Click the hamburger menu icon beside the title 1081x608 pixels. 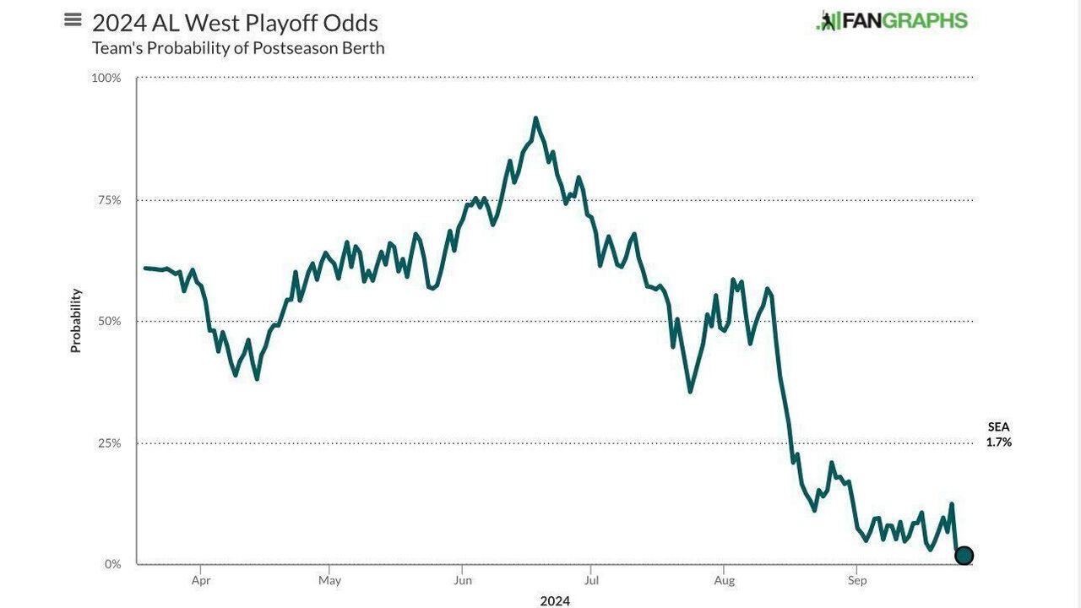pyautogui.click(x=73, y=20)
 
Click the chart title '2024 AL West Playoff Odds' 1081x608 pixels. pyautogui.click(x=235, y=23)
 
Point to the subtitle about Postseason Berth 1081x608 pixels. pyautogui.click(x=238, y=48)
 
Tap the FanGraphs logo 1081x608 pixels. pyautogui.click(x=892, y=21)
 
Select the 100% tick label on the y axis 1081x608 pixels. pyautogui.click(x=106, y=78)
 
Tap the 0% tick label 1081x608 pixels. pyautogui.click(x=112, y=564)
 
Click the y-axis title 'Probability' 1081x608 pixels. pyautogui.click(x=76, y=321)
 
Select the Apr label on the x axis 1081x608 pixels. pyautogui.click(x=201, y=581)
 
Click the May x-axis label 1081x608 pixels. pyautogui.click(x=329, y=581)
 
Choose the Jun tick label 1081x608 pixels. pyautogui.click(x=462, y=581)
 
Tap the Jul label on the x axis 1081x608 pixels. pyautogui.click(x=591, y=581)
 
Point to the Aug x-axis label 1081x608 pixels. pyautogui.click(x=724, y=581)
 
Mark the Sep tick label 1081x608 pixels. pyautogui.click(x=857, y=581)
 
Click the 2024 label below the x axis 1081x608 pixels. pyautogui.click(x=555, y=601)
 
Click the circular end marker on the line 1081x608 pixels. pyautogui.click(x=964, y=556)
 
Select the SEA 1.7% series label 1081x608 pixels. pyautogui.click(x=998, y=435)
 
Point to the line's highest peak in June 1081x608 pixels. pyautogui.click(x=535, y=119)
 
